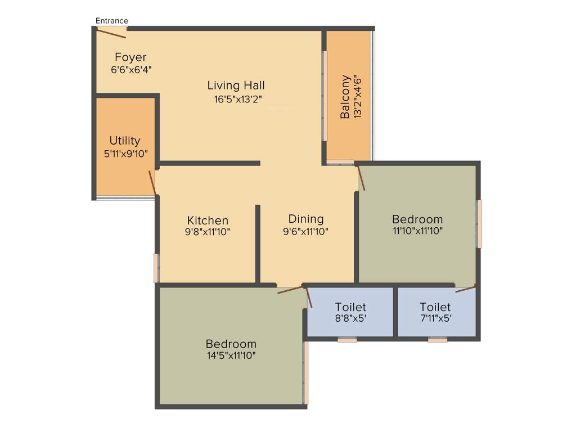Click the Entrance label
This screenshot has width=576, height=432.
[x=112, y=21]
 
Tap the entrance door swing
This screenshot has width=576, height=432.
[x=111, y=33]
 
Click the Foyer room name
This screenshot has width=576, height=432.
[x=130, y=57]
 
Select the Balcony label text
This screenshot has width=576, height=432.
[x=345, y=97]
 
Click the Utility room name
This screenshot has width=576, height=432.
[x=125, y=141]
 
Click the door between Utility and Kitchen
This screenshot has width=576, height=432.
[x=152, y=182]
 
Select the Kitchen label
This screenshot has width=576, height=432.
[x=208, y=220]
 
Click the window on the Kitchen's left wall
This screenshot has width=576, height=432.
[x=156, y=268]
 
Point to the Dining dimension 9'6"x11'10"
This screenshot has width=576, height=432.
[x=306, y=231]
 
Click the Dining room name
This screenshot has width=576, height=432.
[x=306, y=219]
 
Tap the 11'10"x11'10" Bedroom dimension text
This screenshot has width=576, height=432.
[x=417, y=231]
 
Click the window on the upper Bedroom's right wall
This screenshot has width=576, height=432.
[x=479, y=224]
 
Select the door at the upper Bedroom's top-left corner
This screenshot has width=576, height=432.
[x=361, y=178]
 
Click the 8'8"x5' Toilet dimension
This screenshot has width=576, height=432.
[x=350, y=318]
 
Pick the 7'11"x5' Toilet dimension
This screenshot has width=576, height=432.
[x=435, y=318]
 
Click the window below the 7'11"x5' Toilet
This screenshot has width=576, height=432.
[x=437, y=340]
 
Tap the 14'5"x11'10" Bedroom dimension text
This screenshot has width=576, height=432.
[x=231, y=355]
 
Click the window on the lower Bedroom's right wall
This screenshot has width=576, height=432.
[x=306, y=373]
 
